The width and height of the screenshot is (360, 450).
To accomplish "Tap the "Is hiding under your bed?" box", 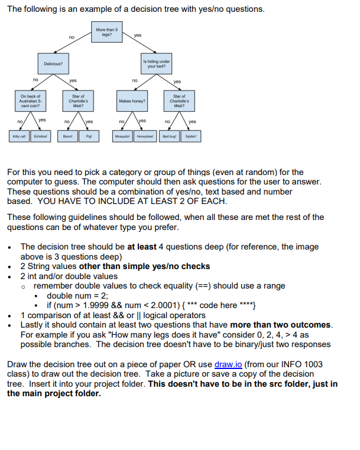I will [x=156, y=63].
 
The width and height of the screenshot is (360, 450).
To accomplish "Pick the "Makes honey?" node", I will [x=131, y=101].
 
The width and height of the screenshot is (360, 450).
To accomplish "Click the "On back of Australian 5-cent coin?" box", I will [x=30, y=101].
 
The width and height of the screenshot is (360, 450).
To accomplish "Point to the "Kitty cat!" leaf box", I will [x=20, y=135].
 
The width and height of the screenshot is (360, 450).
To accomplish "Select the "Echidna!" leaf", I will [x=41, y=135].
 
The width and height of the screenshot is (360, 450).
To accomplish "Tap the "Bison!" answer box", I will [x=67, y=135].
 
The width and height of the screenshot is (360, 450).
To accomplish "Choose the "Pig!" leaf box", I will [x=88, y=135].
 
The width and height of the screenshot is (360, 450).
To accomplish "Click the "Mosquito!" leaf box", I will [x=122, y=135].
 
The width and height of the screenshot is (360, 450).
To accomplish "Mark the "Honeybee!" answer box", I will [x=145, y=135].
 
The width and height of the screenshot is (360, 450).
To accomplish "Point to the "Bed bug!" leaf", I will [x=169, y=135].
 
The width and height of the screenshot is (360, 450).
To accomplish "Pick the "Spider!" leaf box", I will [x=190, y=135].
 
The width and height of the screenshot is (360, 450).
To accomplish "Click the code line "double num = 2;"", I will [x=77, y=296].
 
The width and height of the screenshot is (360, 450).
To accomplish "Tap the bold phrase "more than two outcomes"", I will [x=281, y=325].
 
